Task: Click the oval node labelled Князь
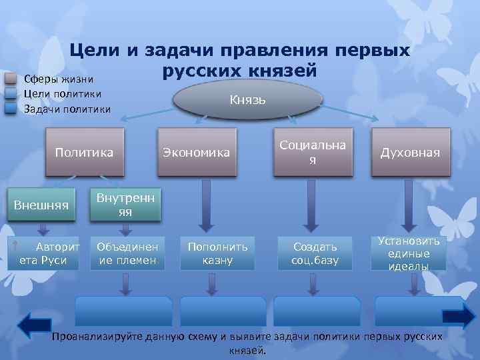[x=247, y=99]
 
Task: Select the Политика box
[x=84, y=153]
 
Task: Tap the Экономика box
[x=197, y=153]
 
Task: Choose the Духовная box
[x=410, y=153]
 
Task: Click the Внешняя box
[x=41, y=205]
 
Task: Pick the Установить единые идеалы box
[x=409, y=253]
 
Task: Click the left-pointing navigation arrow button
[x=34, y=325]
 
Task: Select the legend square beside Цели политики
[x=11, y=93]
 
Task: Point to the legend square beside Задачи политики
[x=11, y=107]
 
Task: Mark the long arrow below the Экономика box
[x=206, y=204]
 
